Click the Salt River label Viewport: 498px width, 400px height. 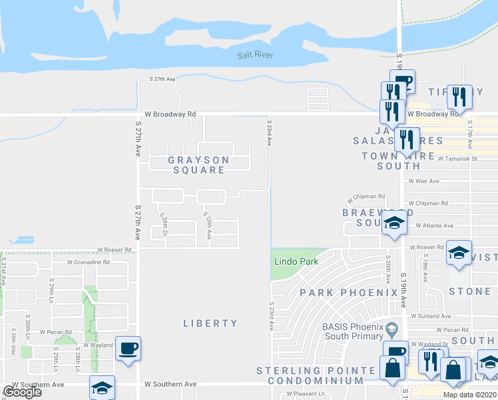(256, 55)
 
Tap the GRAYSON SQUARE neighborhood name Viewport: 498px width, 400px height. (198, 165)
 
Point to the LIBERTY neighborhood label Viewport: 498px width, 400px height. (210, 323)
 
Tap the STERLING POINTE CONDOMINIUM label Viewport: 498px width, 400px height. (316, 375)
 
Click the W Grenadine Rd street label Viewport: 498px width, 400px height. (88, 262)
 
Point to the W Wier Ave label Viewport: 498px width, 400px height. (424, 181)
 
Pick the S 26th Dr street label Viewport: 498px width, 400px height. (163, 225)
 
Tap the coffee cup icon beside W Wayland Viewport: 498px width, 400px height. (128, 348)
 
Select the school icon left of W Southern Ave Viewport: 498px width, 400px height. (102, 387)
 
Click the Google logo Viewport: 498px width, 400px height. (22, 392)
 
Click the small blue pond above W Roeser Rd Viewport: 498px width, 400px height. (22, 239)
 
